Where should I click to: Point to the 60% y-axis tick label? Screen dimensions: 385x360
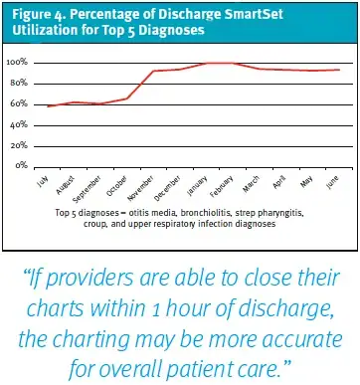pos(27,103)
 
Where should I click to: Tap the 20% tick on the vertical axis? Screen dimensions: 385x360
pos(27,145)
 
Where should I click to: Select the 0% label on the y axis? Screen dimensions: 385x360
pos(30,165)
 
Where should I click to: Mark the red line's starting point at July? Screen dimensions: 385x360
pos(49,105)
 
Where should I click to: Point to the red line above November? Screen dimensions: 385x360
pos(153,72)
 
